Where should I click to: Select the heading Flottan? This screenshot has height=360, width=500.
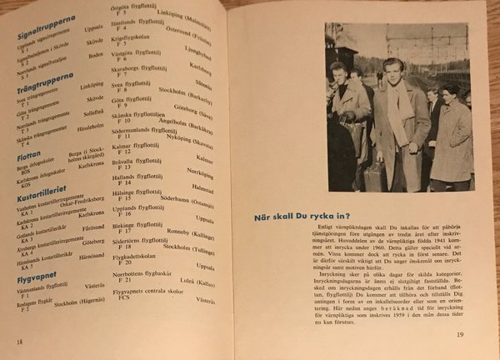pyautogui.click(x=29, y=152)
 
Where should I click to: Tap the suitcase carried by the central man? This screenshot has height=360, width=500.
pyautogui.click(x=372, y=176)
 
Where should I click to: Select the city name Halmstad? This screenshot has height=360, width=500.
pyautogui.click(x=202, y=192)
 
